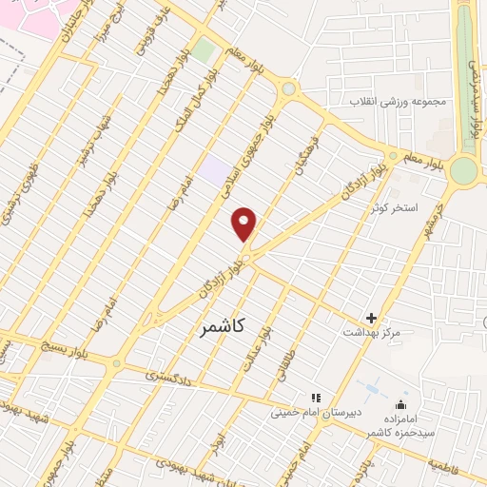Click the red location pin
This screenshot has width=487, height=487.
pyautogui.click(x=244, y=224)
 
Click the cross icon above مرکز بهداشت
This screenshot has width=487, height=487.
pyautogui.click(x=371, y=318)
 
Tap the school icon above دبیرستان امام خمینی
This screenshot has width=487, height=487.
pyautogui.click(x=314, y=398)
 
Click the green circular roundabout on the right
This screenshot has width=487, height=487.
pyautogui.click(x=463, y=169)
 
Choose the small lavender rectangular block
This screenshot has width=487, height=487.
pyautogui.click(x=215, y=171)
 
